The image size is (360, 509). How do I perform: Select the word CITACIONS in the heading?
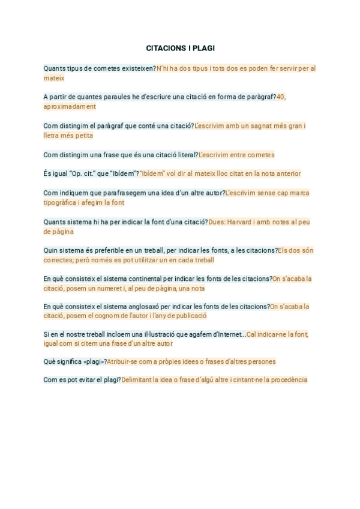click(x=166, y=47)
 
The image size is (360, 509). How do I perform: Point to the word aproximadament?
click(x=70, y=106)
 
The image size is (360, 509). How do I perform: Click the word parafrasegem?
click(x=128, y=193)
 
